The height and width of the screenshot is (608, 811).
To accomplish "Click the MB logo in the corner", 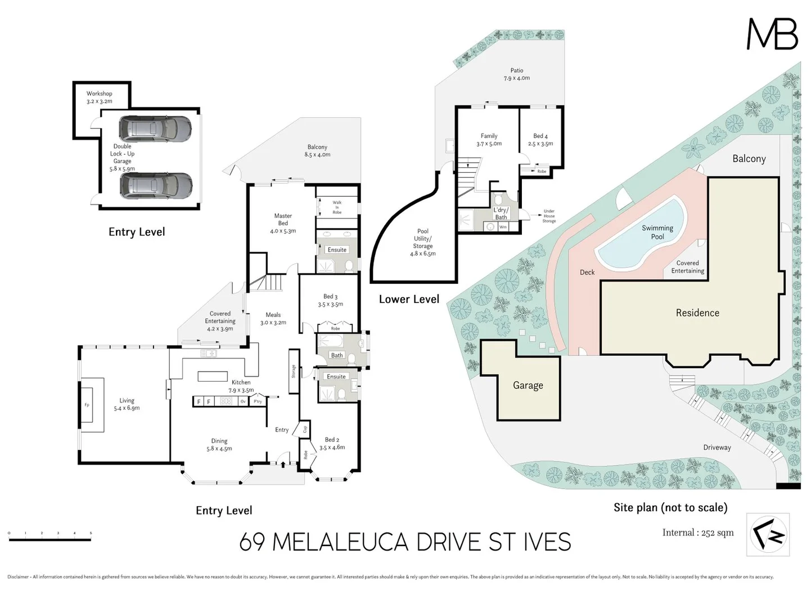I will [772, 34].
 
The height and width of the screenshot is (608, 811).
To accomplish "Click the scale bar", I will [50, 539].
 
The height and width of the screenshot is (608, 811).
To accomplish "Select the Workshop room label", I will [100, 97].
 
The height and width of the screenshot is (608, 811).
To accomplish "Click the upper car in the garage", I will [155, 128].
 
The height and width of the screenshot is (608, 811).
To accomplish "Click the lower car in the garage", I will [156, 185].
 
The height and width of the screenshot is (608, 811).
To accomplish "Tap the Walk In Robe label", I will [337, 207].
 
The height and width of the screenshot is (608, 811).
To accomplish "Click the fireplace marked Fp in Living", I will [87, 405].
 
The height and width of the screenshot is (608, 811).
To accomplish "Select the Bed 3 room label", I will [330, 300].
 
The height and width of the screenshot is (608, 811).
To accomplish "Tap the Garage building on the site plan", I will [528, 386].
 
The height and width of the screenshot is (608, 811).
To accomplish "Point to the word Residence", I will [697, 313].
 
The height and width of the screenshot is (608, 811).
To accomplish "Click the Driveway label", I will [717, 448].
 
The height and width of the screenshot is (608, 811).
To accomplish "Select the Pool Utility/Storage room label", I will [423, 242].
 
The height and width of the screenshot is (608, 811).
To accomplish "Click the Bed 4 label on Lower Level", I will [540, 140].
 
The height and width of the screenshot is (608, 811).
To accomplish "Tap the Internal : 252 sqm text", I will [697, 533].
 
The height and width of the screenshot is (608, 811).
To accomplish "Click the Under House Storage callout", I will [549, 216].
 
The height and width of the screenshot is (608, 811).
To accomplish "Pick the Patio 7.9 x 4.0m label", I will [516, 74].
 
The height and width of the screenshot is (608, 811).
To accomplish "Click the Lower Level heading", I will [409, 299].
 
